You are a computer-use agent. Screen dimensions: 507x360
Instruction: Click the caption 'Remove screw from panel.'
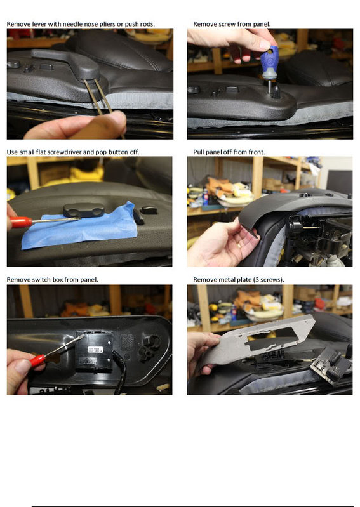232,23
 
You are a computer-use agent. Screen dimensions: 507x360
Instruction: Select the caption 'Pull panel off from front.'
229,152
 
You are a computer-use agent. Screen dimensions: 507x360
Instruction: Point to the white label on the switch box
95,350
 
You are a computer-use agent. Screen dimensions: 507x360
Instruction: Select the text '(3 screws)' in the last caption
269,279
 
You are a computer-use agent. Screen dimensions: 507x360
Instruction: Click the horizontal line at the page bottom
190,506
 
